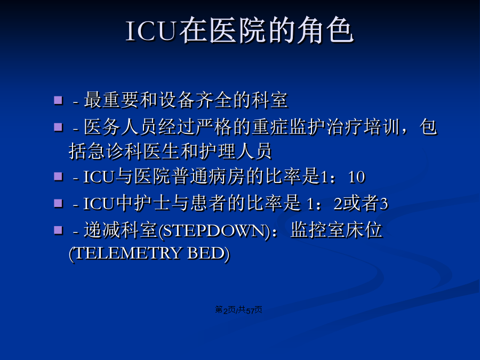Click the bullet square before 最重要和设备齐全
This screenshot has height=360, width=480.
[58, 100]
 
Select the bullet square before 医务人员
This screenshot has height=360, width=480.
[58, 127]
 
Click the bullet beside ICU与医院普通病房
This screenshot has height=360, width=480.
[58, 177]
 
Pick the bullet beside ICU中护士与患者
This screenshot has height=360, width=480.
[58, 203]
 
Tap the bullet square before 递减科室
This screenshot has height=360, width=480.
[58, 230]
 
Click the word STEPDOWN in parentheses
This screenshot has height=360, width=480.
[214, 231]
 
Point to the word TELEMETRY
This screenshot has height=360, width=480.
[128, 253]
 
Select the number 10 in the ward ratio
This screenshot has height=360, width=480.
[356, 177]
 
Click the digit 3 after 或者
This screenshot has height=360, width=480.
[384, 204]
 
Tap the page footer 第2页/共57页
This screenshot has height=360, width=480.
[238, 310]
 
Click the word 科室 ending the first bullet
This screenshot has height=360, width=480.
[269, 100]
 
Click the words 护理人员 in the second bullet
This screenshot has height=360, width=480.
[235, 151]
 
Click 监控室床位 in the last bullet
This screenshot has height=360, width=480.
[336, 230]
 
